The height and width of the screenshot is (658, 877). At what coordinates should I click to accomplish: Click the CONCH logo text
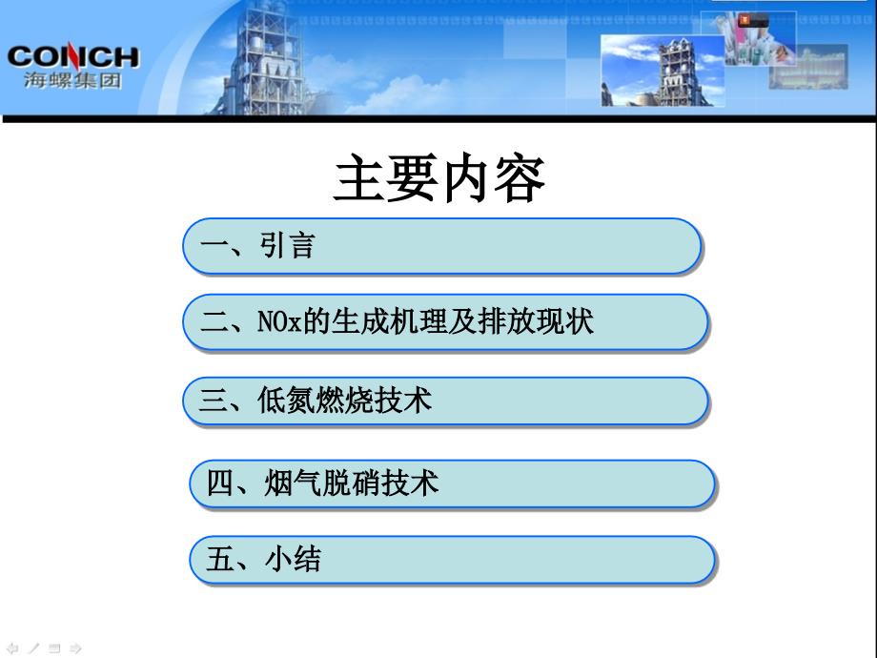point(72,57)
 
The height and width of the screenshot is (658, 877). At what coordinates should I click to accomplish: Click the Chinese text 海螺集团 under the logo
point(72,80)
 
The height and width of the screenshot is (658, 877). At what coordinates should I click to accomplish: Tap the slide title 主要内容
point(439,178)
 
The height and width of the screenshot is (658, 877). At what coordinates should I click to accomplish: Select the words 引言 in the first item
point(287,246)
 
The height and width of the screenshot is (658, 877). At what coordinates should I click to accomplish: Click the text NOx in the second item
point(279,321)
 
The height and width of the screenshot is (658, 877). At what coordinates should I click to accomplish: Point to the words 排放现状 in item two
point(536,321)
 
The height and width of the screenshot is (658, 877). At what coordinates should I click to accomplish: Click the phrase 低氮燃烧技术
point(344,401)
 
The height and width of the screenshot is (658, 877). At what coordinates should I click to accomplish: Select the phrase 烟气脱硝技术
point(351,483)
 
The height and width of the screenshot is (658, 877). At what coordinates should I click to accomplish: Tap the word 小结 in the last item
point(293,559)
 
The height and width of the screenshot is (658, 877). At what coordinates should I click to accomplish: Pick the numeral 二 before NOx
point(214,321)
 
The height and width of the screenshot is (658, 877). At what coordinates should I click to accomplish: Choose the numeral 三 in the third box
point(214,401)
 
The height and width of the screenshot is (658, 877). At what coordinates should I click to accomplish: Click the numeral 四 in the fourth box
point(220,483)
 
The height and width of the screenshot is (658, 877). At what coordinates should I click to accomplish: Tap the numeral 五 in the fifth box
point(220,559)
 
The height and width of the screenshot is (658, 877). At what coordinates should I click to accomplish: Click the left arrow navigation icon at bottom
point(12,648)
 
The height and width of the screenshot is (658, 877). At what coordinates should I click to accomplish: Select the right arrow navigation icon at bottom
point(76,648)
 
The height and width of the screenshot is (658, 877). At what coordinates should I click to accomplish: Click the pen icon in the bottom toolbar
point(33,648)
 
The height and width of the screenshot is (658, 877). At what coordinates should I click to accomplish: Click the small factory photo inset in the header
point(663,71)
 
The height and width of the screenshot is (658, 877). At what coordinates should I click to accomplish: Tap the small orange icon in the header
point(745,21)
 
